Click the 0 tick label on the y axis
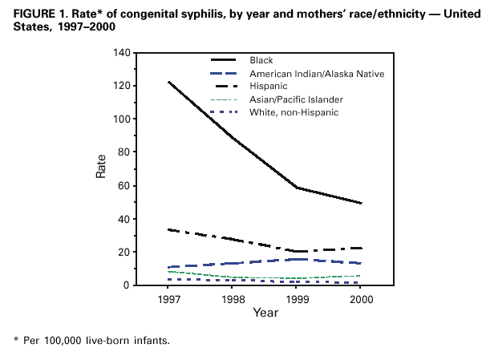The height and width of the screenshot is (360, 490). [124, 285]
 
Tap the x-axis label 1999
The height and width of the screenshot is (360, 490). [296, 299]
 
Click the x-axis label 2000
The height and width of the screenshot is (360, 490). [361, 299]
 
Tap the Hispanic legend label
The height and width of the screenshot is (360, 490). [270, 87]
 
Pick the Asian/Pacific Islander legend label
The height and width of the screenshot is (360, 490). [295, 99]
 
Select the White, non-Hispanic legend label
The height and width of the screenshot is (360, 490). [294, 112]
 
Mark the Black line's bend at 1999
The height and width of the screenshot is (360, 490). [296, 188]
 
